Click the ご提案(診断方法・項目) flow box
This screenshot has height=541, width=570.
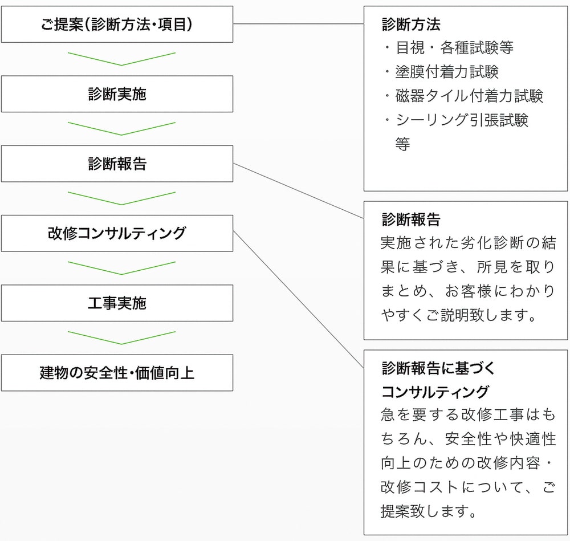pos(117,25)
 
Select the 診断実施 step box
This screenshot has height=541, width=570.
pos(117,94)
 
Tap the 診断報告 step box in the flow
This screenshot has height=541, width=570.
pos(117,164)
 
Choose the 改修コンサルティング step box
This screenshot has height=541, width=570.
pos(117,233)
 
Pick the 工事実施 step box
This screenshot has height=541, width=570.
pos(117,303)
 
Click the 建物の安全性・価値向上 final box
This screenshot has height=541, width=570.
pos(117,373)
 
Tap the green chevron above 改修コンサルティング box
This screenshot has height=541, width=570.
pos(121,204)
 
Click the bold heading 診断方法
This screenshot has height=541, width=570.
pos(411,25)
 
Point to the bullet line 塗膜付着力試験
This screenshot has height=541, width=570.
pos(442,72)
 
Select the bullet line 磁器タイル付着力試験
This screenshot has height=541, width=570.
pos(464,96)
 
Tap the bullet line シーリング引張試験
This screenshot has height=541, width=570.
pos(457,120)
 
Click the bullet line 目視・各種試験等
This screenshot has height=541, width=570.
pos(449,48)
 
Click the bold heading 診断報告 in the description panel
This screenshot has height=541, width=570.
pos(411,219)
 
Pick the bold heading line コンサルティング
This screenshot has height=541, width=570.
pos(435,392)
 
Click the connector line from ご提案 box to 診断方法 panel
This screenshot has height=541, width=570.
pos(299,23)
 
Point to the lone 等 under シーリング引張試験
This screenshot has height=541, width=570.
pos(403,144)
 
